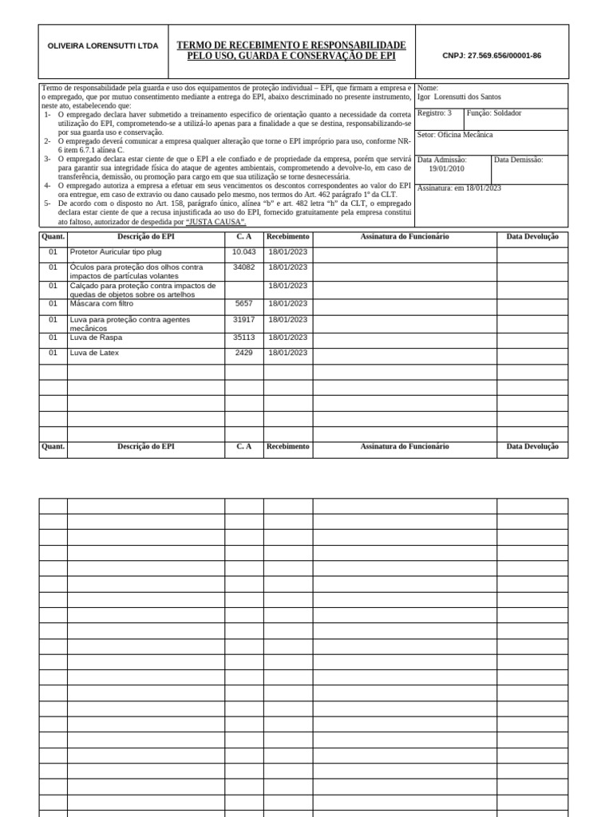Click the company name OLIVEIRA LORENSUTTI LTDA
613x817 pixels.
[x=103, y=46]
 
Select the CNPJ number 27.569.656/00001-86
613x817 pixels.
[x=492, y=56]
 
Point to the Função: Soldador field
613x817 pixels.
[x=494, y=113]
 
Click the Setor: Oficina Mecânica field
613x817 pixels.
[x=455, y=136]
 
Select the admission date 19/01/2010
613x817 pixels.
[x=446, y=169]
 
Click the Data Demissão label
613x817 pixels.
[x=518, y=160]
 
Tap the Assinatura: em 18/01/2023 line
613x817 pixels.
[x=459, y=188]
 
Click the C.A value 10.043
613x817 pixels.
[x=243, y=252]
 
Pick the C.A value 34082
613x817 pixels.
[x=243, y=267]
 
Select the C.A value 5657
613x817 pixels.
[x=243, y=304]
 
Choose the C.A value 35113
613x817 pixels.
[x=243, y=337]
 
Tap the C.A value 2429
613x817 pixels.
[x=243, y=353]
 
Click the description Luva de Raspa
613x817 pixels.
[x=96, y=337]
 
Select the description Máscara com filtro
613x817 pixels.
[x=102, y=304]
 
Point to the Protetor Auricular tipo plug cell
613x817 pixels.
[x=116, y=252]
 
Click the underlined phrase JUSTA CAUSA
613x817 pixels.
[x=216, y=222]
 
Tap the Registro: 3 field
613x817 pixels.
[x=434, y=113]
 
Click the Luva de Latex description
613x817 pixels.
[x=94, y=353]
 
